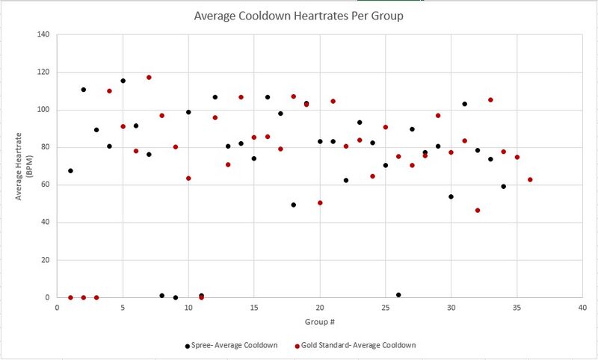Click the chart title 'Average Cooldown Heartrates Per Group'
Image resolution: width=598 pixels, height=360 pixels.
tap(299, 16)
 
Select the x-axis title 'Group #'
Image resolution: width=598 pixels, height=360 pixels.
tap(319, 323)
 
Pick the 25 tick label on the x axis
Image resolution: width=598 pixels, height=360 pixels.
tap(385, 307)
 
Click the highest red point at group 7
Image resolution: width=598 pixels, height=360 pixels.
tap(149, 78)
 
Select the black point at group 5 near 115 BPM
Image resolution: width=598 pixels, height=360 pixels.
tap(123, 81)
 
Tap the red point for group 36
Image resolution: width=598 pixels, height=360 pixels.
tap(530, 179)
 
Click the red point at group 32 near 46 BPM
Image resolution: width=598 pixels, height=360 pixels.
tap(478, 210)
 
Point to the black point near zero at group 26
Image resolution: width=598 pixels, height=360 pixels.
tap(398, 295)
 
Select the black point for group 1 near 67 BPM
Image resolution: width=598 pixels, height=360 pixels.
tap(70, 171)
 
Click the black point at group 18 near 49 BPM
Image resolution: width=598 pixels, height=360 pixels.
tap(293, 205)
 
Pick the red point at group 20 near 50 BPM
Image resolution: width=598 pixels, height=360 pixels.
tap(320, 202)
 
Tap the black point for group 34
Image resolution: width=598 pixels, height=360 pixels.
tap(504, 186)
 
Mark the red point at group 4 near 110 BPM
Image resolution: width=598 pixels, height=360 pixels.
tap(109, 91)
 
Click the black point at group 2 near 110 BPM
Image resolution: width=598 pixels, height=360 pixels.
tap(83, 90)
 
